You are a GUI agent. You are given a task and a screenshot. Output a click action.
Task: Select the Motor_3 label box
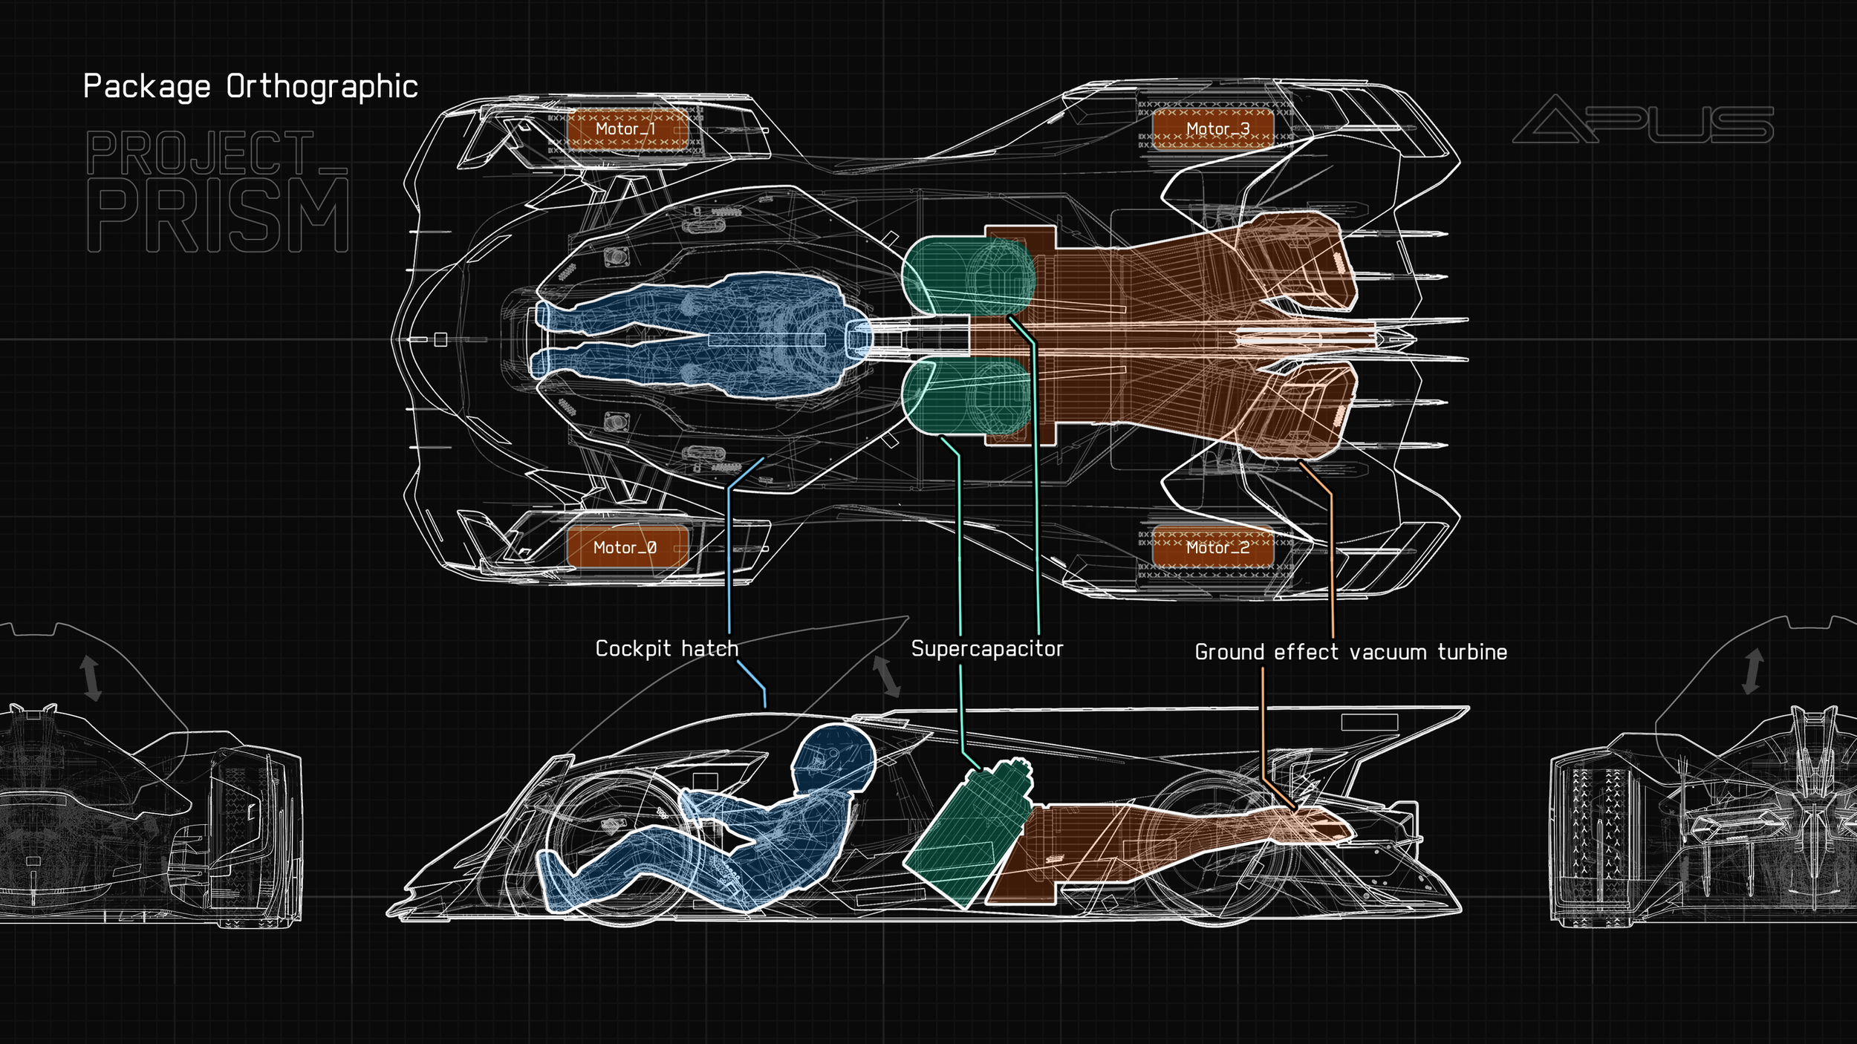[x=1213, y=129]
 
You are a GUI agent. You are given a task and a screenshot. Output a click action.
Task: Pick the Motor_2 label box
[x=1213, y=547]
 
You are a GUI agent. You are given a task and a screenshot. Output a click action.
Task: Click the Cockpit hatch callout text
[x=667, y=648]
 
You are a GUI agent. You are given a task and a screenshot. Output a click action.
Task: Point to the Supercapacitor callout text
[x=987, y=648]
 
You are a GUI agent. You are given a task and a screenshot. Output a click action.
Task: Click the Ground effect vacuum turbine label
[x=1350, y=652]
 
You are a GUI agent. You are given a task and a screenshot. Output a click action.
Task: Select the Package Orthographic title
[x=250, y=87]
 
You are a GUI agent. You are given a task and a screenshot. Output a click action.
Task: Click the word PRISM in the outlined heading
[x=218, y=215]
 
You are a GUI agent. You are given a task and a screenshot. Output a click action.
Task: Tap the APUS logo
[x=1643, y=120]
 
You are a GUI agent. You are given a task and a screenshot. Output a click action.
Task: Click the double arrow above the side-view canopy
[x=885, y=676]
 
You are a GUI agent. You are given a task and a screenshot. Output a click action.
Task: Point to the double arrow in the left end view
[x=90, y=677]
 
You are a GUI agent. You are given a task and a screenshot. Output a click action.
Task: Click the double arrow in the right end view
[x=1753, y=671]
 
